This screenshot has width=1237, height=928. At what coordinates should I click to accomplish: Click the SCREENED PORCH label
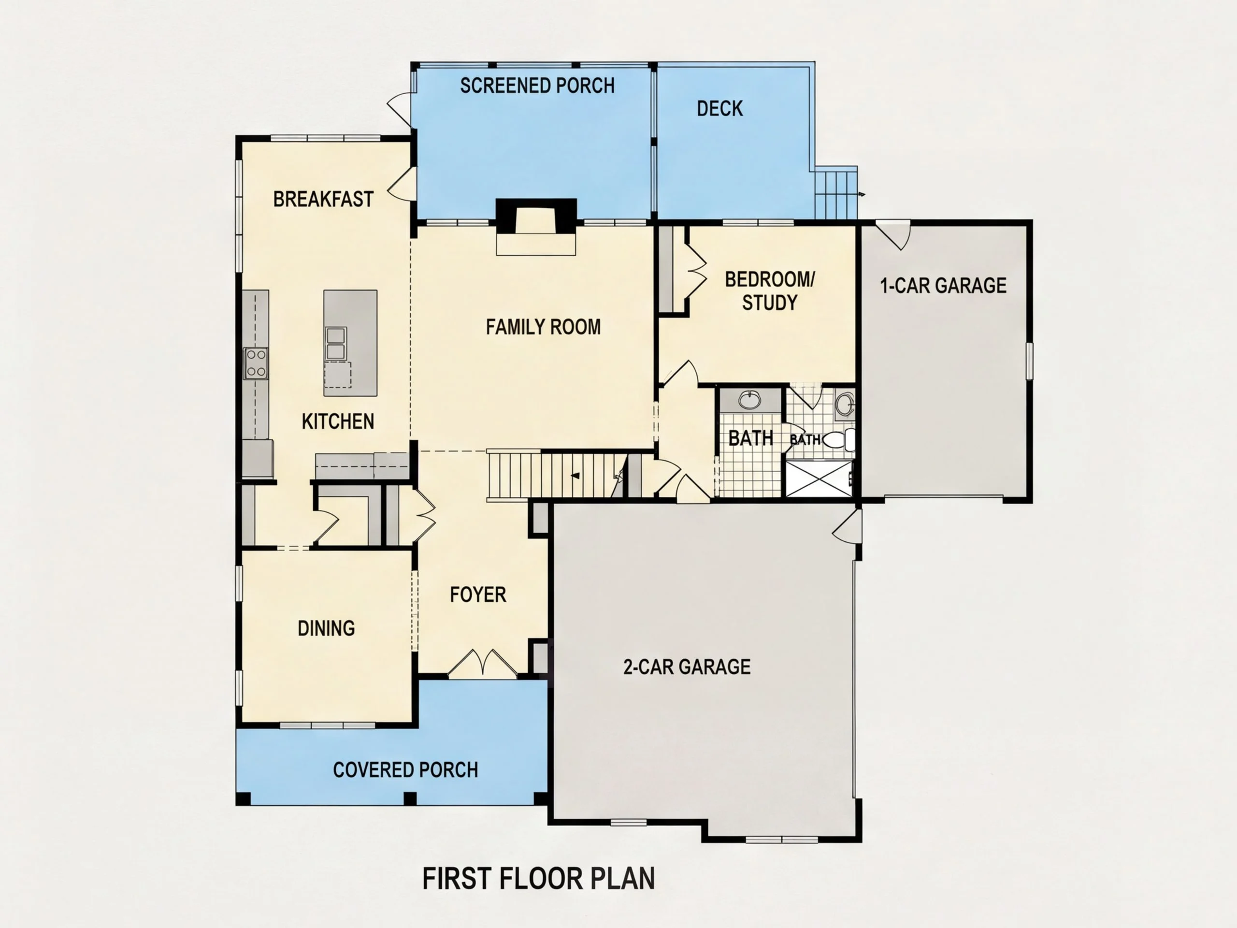click(x=537, y=86)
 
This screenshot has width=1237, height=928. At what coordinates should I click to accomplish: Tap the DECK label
click(x=719, y=109)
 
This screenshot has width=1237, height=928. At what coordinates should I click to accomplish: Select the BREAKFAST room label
click(x=323, y=199)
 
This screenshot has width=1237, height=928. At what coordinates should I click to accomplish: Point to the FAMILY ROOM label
click(x=543, y=327)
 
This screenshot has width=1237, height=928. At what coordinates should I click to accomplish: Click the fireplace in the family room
click(x=536, y=221)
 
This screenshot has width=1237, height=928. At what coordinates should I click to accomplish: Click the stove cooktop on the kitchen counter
click(x=256, y=363)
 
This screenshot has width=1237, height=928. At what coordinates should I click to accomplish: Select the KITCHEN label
click(x=338, y=421)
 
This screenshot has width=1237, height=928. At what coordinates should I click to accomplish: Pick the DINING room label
click(x=326, y=628)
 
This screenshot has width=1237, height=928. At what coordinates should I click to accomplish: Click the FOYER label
click(x=478, y=594)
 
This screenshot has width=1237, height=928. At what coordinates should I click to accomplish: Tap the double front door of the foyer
click(x=483, y=665)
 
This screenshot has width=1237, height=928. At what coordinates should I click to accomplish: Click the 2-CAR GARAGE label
click(x=687, y=667)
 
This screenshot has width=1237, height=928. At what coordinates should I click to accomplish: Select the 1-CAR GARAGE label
click(x=943, y=286)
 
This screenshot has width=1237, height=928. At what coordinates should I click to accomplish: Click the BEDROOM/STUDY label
click(x=769, y=290)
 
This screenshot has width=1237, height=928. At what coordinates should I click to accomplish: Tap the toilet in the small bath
click(x=839, y=440)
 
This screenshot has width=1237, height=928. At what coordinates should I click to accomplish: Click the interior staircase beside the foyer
click(x=557, y=475)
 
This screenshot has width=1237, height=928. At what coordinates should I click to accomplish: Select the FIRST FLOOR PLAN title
click(x=539, y=878)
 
